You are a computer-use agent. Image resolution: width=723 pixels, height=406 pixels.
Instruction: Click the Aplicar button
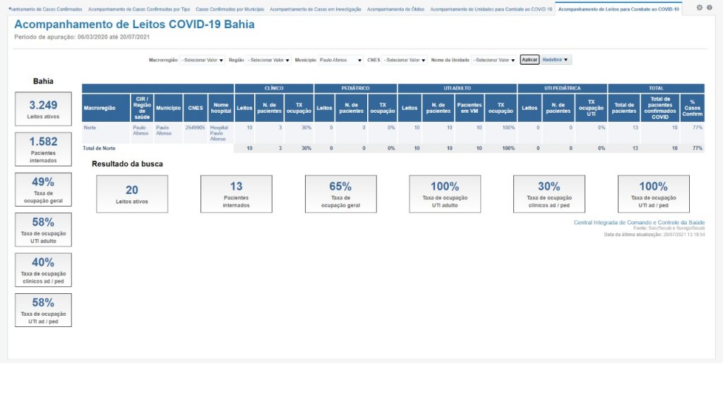(529, 60)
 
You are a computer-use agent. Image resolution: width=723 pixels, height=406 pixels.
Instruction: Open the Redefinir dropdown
(555, 60)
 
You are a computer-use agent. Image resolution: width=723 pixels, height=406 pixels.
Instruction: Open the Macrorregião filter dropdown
(202, 60)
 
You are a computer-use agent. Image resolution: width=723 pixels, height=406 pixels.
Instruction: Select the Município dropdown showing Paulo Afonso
(340, 60)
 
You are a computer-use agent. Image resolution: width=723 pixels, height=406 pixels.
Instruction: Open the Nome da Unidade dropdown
(494, 60)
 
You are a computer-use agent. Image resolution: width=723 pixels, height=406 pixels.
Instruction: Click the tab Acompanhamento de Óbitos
(395, 9)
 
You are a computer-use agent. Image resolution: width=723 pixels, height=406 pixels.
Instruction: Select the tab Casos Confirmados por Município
(230, 9)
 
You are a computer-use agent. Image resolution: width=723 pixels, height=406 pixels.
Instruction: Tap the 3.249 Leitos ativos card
(43, 109)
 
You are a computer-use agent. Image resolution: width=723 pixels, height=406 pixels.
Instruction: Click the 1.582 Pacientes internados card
(43, 148)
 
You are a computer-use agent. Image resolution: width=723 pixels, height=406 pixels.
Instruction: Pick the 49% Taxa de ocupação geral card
(43, 189)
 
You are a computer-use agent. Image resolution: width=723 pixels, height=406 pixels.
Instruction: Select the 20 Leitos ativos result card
(132, 194)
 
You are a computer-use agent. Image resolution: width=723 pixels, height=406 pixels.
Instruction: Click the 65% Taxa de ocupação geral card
(340, 194)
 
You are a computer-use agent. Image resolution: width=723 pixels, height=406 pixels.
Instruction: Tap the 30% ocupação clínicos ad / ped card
(549, 194)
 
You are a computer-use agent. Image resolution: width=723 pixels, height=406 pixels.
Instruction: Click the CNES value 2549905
(195, 128)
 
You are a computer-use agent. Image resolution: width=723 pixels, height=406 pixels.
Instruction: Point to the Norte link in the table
(90, 128)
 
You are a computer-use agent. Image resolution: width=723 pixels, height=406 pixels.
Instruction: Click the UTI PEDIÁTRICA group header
(562, 88)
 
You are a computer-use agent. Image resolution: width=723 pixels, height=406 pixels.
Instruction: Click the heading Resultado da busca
(127, 164)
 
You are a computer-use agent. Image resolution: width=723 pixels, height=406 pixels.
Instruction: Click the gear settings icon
(699, 8)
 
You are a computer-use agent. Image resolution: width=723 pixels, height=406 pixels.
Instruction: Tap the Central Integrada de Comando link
(639, 222)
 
